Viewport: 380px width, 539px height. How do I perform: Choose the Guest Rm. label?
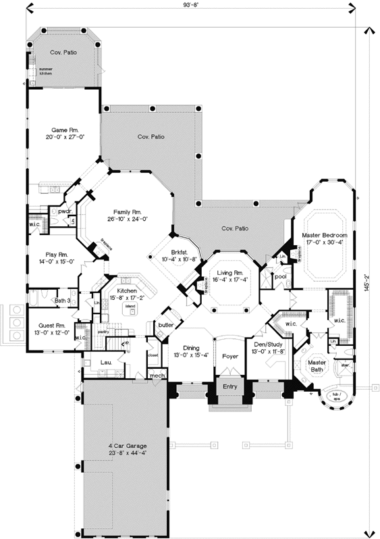(x=52, y=326)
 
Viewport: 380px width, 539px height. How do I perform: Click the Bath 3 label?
(x=63, y=301)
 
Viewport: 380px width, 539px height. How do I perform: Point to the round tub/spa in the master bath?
(x=335, y=396)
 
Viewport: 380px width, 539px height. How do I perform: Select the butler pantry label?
(x=166, y=325)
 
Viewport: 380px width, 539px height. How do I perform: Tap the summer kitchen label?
(x=45, y=70)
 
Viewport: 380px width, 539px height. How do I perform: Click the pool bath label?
(x=280, y=276)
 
